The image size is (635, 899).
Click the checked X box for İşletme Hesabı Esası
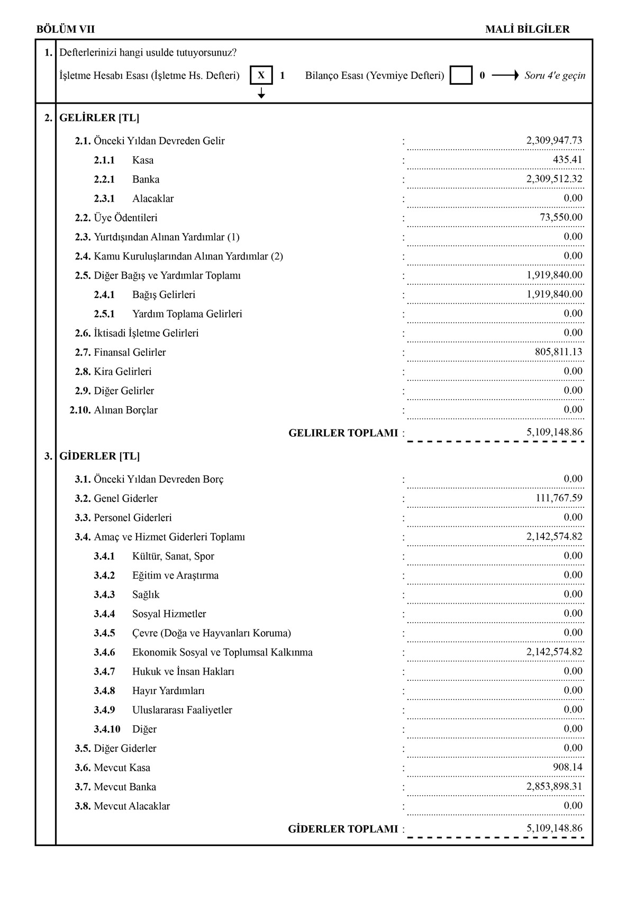261,75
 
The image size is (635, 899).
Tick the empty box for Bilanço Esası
461,75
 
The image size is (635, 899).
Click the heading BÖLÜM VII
66,30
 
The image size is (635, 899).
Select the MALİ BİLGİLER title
527,30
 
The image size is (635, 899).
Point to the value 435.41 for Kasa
567,160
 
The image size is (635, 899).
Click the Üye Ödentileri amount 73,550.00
561,218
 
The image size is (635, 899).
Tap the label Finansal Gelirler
130,352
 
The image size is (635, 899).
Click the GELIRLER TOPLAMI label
343,433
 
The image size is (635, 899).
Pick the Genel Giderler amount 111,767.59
559,498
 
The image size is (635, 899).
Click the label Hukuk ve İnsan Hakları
183,671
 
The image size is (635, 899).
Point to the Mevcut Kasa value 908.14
567,767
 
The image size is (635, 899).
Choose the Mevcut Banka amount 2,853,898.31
554,787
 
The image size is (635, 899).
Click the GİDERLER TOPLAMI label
342,829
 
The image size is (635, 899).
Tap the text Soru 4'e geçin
555,75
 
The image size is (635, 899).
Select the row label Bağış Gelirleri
164,294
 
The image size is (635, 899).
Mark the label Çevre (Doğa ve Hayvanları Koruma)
211,633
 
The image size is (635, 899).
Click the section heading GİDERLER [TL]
99,456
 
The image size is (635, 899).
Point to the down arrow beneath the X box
261,94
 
